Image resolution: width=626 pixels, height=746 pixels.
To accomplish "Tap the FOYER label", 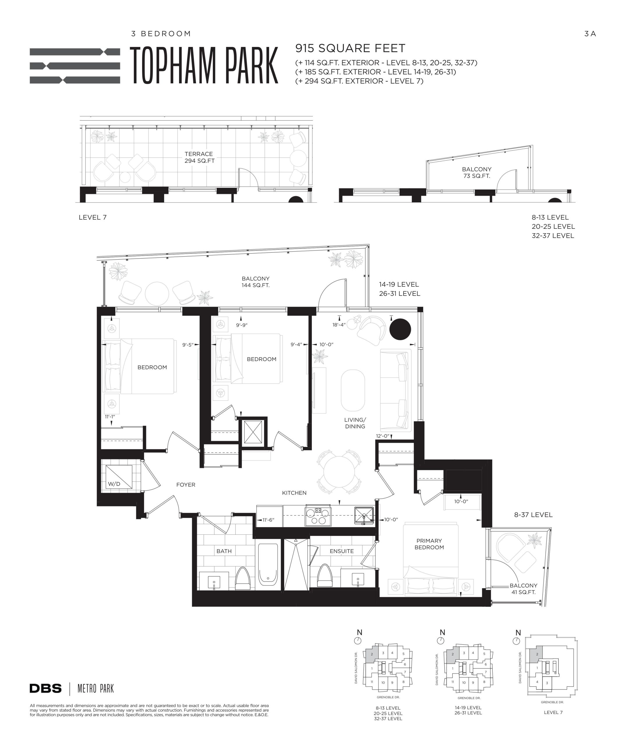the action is (x=185, y=485).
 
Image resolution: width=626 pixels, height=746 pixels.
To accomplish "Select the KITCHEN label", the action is (x=294, y=493).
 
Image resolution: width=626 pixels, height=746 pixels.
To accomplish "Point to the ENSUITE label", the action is (x=342, y=551).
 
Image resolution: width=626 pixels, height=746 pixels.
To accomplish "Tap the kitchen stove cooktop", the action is (x=318, y=516).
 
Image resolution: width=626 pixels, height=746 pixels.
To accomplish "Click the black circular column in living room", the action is (x=400, y=329).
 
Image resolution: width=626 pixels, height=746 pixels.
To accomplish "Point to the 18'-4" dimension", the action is (x=339, y=325).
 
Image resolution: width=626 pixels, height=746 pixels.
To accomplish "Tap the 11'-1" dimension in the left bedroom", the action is (x=110, y=417).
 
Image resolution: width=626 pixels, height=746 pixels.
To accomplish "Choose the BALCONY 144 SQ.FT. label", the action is (x=256, y=282).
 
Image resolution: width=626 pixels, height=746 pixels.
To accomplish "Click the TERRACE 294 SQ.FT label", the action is (x=199, y=157).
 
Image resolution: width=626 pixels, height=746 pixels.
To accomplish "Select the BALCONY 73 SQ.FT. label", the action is (x=477, y=173).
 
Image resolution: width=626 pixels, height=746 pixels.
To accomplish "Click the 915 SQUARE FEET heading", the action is (x=350, y=48).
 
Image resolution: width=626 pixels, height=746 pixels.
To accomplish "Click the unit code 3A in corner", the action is (x=590, y=34).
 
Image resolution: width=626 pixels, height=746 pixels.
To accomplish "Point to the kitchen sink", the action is (x=364, y=516).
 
